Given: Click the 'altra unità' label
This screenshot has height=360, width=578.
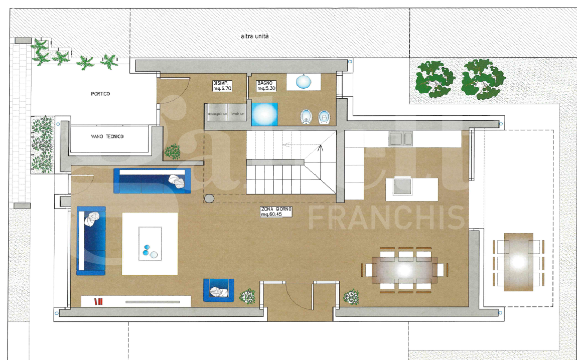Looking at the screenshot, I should coord(255,36).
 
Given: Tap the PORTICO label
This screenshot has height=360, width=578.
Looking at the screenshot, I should coord(100,94).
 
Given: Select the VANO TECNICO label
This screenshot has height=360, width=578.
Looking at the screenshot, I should coord(107,136).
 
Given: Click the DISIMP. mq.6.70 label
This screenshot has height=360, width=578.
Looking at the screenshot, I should coord(222,85).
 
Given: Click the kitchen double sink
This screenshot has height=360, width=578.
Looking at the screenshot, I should coord(399,138).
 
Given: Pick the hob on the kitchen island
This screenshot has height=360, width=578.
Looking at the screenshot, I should coord(402,187).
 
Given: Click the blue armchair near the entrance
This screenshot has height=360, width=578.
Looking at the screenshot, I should coord(219,290).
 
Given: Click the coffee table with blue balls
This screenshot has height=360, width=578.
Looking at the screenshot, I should coord(150,243).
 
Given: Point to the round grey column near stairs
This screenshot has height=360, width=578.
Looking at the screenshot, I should coord(209,199).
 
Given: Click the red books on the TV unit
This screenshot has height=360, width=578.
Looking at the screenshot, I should coord(98,301).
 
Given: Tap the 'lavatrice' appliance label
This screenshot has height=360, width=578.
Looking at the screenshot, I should coord(237,114).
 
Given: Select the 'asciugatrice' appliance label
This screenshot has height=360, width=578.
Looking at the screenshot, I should coord(217,114).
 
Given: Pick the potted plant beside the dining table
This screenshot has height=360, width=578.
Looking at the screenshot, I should coord(351,297).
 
